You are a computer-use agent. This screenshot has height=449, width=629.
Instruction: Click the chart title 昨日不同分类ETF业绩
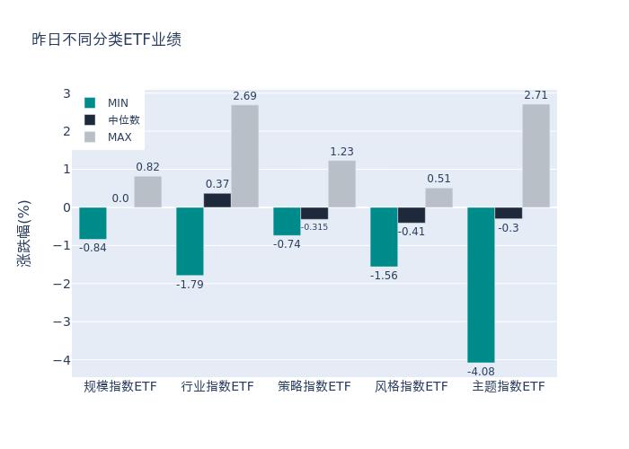point(106,40)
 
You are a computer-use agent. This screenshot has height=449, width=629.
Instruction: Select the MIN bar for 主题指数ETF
point(481,285)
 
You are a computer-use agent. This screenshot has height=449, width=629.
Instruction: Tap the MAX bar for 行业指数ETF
point(244,156)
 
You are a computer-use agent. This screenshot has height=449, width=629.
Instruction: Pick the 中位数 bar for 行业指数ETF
point(217,200)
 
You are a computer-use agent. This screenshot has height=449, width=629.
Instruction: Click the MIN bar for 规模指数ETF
point(93,224)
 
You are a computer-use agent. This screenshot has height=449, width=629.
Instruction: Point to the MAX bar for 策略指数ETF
point(341,184)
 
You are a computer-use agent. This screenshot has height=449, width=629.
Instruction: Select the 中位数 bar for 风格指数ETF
point(412,216)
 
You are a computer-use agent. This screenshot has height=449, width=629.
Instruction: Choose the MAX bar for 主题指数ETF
point(536,155)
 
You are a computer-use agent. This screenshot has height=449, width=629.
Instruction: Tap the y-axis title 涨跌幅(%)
point(24,233)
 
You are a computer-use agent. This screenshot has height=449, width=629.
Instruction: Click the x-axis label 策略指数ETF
point(314,387)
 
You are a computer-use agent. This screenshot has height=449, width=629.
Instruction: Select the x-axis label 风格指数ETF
point(412,387)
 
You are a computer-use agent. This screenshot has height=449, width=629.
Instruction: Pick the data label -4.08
point(481,372)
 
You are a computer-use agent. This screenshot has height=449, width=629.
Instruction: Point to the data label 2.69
point(244,96)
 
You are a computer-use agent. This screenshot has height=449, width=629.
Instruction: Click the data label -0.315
point(314,227)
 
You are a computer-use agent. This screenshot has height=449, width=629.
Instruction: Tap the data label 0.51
point(439,179)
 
